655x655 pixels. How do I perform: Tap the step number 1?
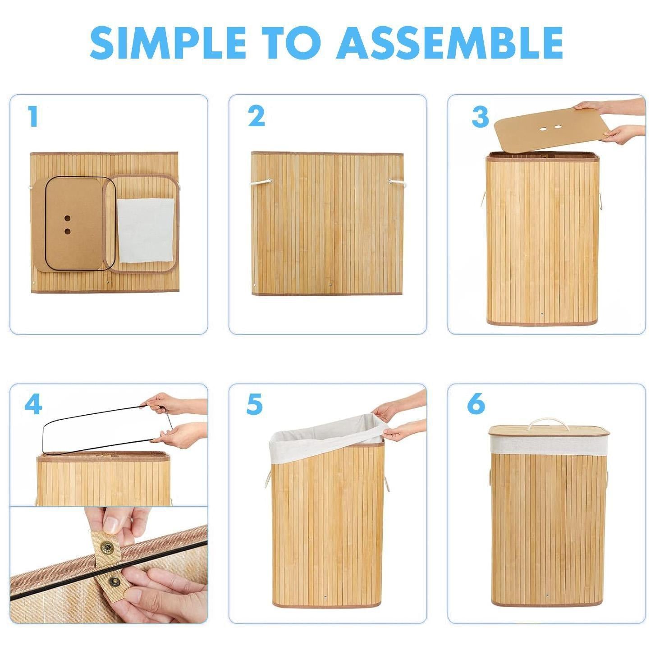(32, 116)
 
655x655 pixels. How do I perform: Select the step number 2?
(256, 116)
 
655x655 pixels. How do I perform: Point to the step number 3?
(480, 116)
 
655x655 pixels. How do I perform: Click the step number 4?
(33, 404)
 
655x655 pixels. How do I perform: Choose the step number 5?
(254, 404)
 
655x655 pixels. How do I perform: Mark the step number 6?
(476, 404)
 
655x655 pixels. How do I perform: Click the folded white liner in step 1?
(146, 230)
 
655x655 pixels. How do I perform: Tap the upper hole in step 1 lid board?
(68, 218)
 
